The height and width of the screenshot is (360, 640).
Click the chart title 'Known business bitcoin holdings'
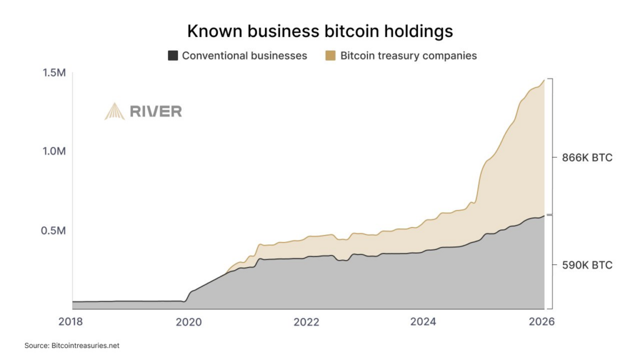(320, 31)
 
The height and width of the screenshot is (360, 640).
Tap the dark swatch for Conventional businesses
(172, 56)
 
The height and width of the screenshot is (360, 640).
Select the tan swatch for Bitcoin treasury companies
(331, 56)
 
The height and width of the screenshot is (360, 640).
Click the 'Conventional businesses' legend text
(244, 56)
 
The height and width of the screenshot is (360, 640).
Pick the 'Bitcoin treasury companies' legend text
(408, 56)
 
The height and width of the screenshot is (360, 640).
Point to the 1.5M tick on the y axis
(54, 73)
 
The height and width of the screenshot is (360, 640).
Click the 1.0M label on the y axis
(54, 152)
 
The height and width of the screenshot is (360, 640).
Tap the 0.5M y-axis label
(54, 231)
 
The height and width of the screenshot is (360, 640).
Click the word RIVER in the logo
(156, 112)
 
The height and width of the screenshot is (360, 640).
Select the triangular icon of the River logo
(114, 111)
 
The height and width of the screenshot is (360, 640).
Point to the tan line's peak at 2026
(544, 80)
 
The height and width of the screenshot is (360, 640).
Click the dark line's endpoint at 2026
(544, 216)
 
